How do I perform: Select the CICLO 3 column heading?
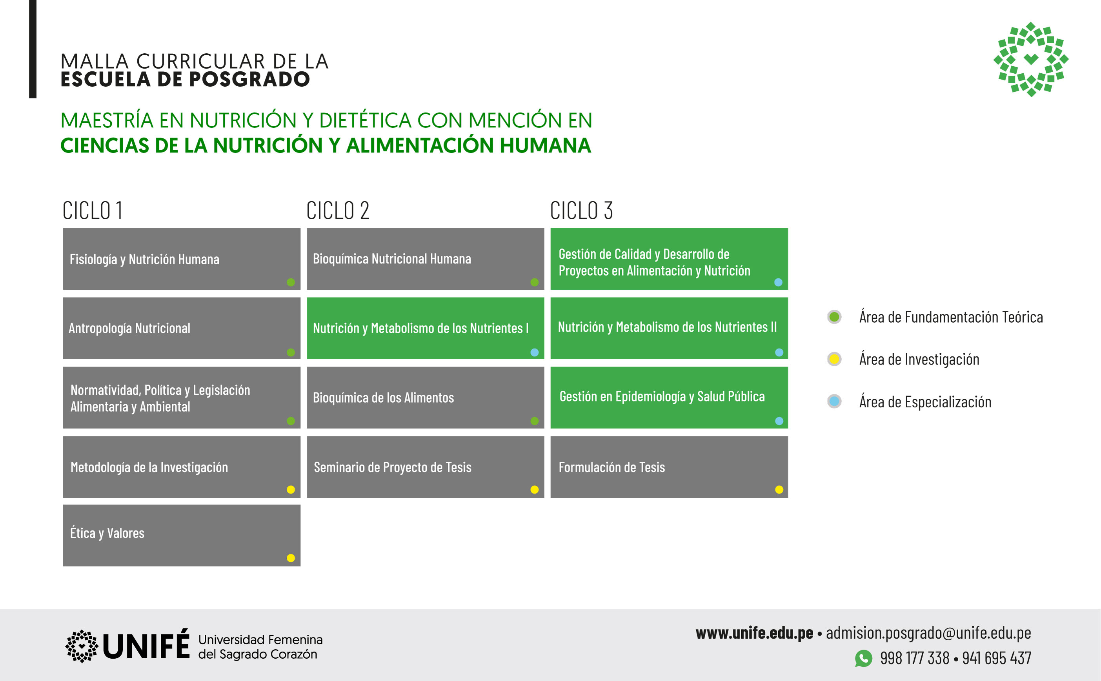click(x=581, y=210)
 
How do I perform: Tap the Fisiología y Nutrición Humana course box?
click(x=182, y=259)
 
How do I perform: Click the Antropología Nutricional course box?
click(x=182, y=328)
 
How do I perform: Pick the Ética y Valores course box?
click(x=182, y=536)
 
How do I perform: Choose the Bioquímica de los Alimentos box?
click(x=425, y=398)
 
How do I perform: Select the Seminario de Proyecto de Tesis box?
click(x=425, y=467)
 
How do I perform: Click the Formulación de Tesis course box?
click(x=669, y=467)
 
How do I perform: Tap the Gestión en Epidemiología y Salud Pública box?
click(x=669, y=398)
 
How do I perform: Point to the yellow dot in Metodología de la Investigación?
click(x=291, y=490)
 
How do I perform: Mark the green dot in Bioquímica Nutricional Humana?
click(x=535, y=282)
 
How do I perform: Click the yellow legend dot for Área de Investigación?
click(x=834, y=359)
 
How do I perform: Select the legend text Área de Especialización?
click(x=925, y=402)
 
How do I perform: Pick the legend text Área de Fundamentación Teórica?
click(x=951, y=317)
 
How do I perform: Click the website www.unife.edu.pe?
click(x=755, y=633)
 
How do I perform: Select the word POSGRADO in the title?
click(x=249, y=80)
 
